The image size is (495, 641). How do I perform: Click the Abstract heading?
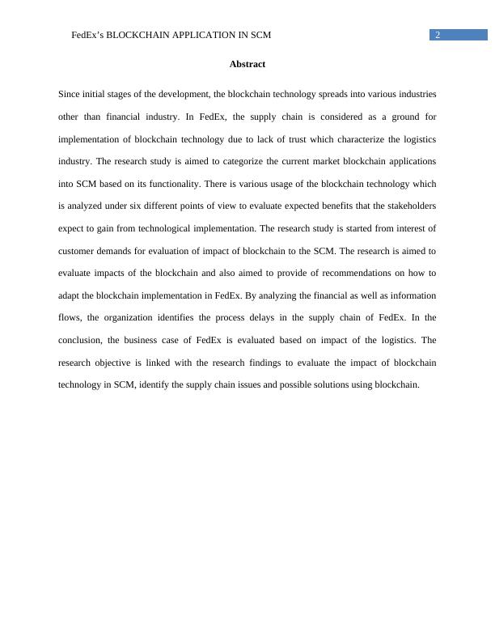click(x=247, y=64)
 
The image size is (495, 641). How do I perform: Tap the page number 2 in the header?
click(x=438, y=35)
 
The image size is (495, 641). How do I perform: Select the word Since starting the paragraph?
click(x=70, y=95)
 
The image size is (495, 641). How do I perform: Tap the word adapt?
click(x=70, y=295)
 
